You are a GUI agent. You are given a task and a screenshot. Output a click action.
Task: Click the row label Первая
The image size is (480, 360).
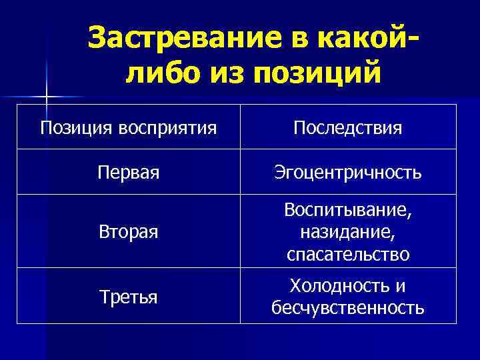pos(128,172)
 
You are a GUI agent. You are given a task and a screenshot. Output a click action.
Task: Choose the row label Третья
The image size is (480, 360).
pos(128,297)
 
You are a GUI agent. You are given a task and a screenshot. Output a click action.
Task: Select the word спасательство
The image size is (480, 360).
pos(347,254)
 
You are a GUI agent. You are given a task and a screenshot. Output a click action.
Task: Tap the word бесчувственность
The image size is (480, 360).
pos(347,307)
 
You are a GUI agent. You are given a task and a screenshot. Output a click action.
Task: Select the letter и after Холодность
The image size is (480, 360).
pos(400,285)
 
